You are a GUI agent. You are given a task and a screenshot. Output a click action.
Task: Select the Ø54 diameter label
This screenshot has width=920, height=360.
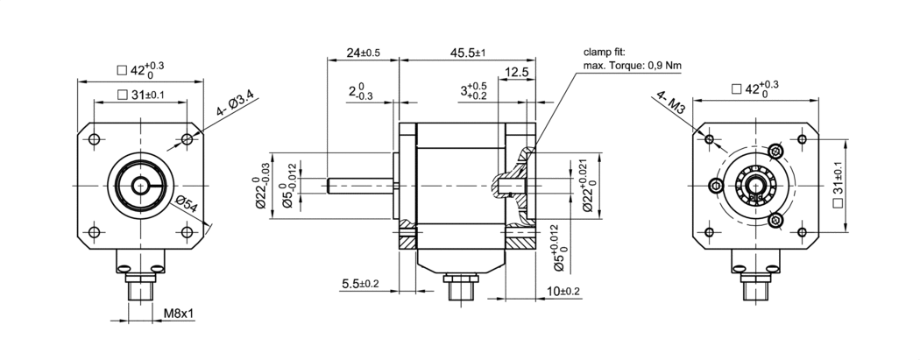(186, 204)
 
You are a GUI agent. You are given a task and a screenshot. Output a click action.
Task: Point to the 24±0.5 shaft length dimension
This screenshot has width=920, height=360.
(364, 53)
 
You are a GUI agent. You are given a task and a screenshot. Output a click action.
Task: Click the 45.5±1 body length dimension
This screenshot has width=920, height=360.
(468, 53)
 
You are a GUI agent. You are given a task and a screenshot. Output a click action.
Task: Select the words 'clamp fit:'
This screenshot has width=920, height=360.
(605, 52)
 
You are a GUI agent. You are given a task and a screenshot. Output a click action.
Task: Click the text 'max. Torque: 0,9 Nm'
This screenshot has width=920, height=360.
(632, 66)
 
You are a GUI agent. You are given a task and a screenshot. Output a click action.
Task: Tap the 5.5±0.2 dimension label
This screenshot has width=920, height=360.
(359, 283)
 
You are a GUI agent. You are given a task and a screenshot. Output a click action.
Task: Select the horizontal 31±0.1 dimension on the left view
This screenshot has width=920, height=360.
(141, 95)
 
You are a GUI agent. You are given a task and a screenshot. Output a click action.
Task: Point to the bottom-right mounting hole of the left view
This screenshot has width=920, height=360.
(186, 232)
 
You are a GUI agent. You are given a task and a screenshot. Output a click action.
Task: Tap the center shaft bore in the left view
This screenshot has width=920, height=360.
(140, 186)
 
